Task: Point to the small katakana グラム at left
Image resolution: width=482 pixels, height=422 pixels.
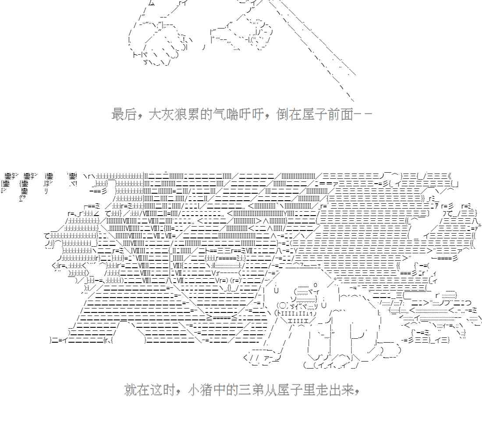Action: coord(21,198)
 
